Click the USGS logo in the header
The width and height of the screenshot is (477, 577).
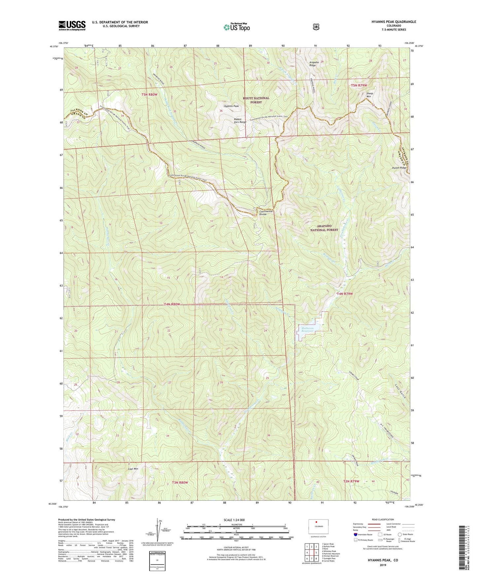[72, 25]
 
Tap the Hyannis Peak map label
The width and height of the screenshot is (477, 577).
[231, 106]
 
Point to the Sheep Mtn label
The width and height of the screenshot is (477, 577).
[370, 95]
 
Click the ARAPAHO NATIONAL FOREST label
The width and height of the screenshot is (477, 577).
[324, 228]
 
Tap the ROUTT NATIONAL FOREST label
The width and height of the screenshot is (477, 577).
[256, 100]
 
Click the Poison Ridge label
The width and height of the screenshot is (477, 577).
[399, 168]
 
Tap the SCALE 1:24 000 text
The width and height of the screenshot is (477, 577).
[234, 520]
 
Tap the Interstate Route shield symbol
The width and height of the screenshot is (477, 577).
[355, 534]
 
